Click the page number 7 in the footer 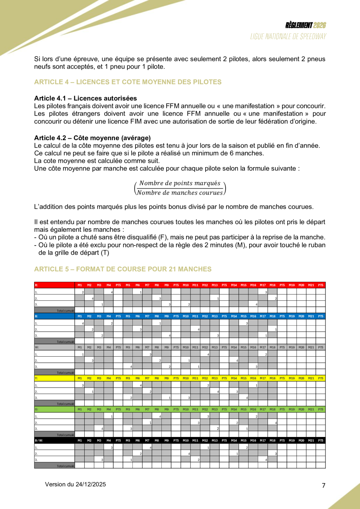click(x=324, y=486)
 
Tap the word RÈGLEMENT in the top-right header click(x=299, y=25)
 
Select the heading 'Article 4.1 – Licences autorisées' click(x=85, y=98)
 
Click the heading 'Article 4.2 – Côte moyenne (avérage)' click(x=92, y=138)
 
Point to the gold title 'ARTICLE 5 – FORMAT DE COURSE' click(x=123, y=269)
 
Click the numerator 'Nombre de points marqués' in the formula click(x=180, y=183)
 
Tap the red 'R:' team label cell click(x=54, y=285)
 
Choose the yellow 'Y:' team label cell click(x=54, y=378)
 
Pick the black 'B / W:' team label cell click(x=54, y=440)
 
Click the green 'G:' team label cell click(x=54, y=409)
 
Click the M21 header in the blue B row click(x=311, y=316)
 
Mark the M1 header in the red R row click(x=80, y=285)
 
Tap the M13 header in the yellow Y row click(x=214, y=378)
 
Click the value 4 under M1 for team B click(x=83, y=323)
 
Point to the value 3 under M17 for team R click(x=266, y=292)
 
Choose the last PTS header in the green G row click(x=320, y=409)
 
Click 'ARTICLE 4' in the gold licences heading click(x=51, y=82)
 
